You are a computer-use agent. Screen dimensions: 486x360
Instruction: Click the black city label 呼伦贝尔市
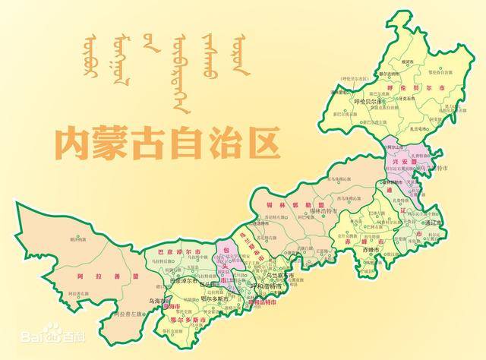click(x=371, y=101)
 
